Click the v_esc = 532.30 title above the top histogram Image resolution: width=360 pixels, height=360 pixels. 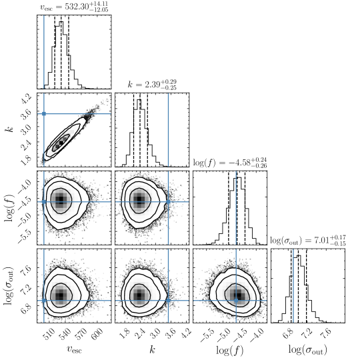point(74,7)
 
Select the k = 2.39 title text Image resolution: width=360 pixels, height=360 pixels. point(152,85)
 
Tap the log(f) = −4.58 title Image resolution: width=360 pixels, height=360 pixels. point(230,163)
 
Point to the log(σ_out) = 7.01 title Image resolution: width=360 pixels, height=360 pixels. point(307,241)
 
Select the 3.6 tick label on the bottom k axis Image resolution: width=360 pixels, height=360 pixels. point(170,333)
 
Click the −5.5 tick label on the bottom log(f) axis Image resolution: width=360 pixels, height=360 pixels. point(208,335)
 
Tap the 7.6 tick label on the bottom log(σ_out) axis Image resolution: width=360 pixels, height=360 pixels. point(326,333)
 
